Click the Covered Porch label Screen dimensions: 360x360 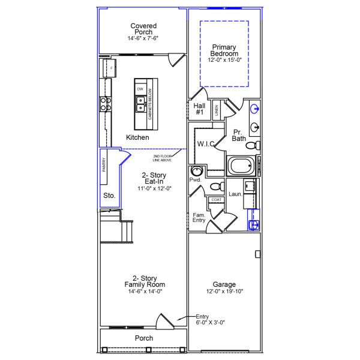pyautogui.click(x=143, y=29)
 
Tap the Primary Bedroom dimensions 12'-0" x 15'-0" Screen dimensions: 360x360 pyautogui.click(x=223, y=60)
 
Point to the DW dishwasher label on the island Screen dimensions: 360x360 pyautogui.click(x=140, y=89)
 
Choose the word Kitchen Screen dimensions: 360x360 pyautogui.click(x=137, y=137)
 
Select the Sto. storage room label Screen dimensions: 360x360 pyautogui.click(x=109, y=196)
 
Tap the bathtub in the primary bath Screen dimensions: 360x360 pyautogui.click(x=241, y=166)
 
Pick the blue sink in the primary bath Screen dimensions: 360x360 pyautogui.click(x=255, y=109)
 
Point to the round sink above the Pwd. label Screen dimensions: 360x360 pyautogui.click(x=196, y=170)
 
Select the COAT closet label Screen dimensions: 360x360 pyautogui.click(x=216, y=200)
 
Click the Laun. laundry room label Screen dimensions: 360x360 pyautogui.click(x=235, y=194)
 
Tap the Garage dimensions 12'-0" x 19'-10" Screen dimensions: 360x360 pyautogui.click(x=224, y=291)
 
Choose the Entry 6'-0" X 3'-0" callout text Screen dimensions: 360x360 pyautogui.click(x=206, y=319)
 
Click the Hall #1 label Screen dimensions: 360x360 pyautogui.click(x=200, y=109)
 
